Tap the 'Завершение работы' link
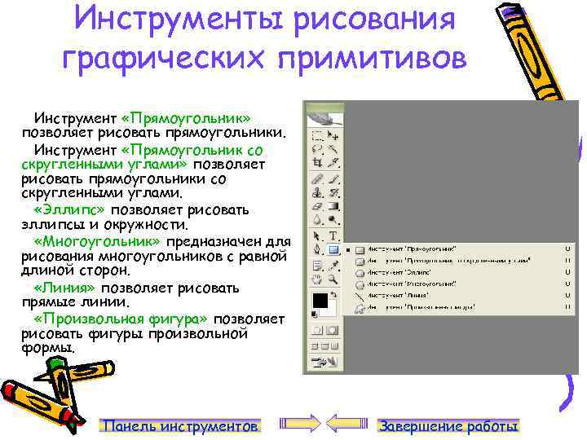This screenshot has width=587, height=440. click(449, 426)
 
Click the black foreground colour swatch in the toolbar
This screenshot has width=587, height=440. click(320, 300)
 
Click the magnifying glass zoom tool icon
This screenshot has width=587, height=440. click(333, 281)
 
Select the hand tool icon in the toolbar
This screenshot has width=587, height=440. click(317, 281)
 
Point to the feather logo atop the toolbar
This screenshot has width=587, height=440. click(317, 117)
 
